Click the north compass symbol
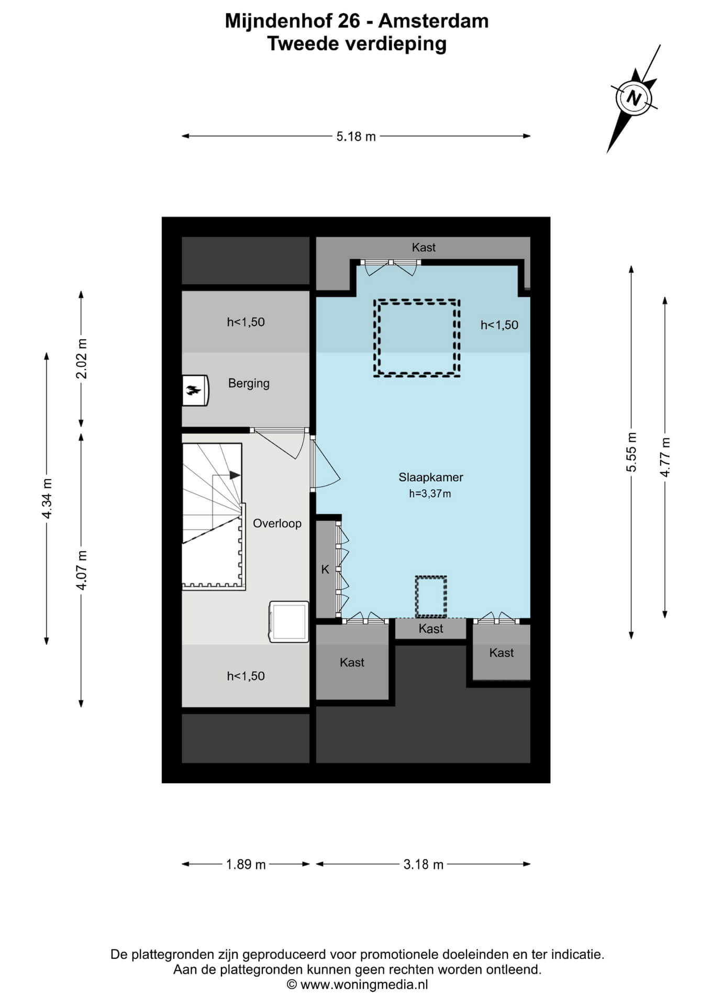point(634,98)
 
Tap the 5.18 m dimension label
point(356,137)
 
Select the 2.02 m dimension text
point(81,359)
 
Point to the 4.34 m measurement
point(47,498)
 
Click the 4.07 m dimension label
point(81,570)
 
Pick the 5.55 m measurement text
point(631,452)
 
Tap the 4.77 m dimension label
point(665,457)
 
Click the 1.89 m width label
point(246,864)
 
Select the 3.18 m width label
point(424,864)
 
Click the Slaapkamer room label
point(431,477)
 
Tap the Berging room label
point(249,384)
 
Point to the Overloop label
point(277,523)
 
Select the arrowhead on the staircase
point(235,475)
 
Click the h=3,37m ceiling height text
point(430,494)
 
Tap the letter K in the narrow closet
point(325,569)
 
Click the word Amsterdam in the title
point(434,21)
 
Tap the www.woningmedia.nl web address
point(364,985)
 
